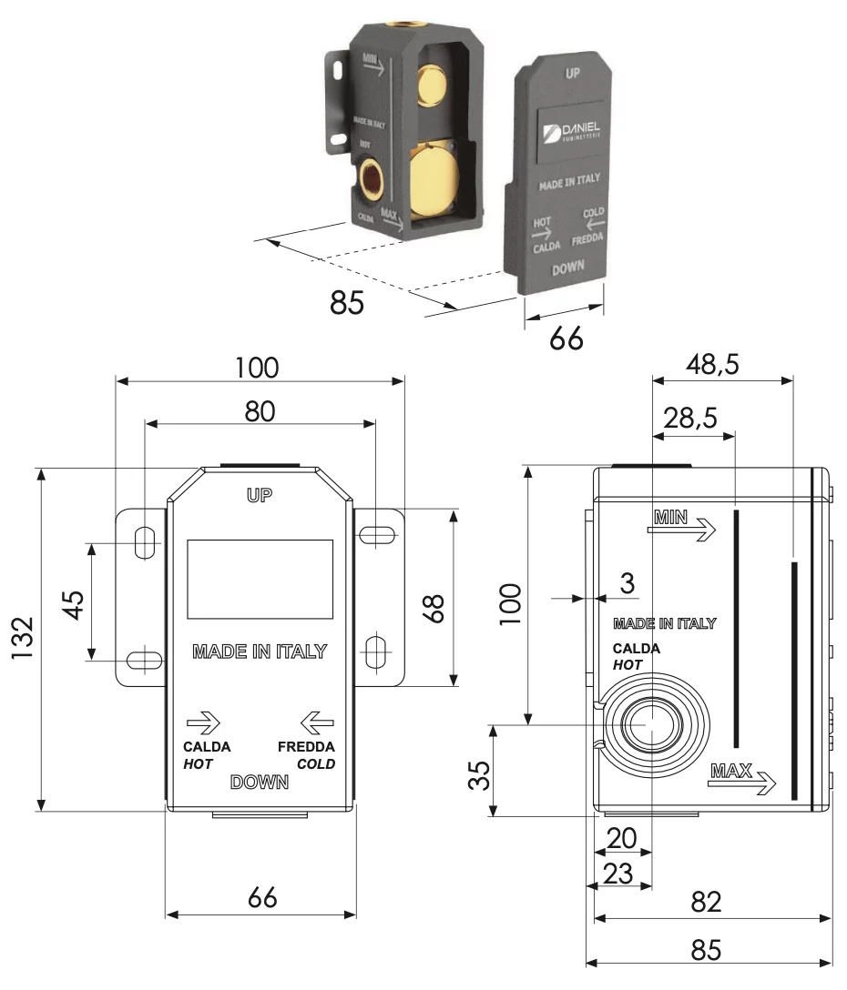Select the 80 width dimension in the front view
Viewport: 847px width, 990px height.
coord(260,410)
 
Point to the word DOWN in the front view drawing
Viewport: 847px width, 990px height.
coord(260,782)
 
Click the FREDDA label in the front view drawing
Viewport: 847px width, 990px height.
coord(306,747)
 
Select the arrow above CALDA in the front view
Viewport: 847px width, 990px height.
coord(203,724)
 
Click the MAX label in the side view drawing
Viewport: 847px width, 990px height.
coord(731,772)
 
